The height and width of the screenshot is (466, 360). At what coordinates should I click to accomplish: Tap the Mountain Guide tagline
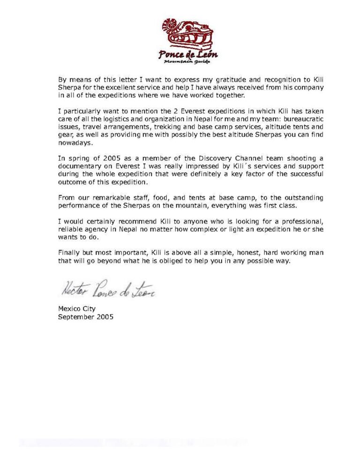click(187, 62)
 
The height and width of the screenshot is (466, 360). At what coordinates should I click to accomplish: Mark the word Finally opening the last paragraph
click(68, 254)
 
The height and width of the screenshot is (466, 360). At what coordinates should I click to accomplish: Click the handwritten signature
click(107, 292)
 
